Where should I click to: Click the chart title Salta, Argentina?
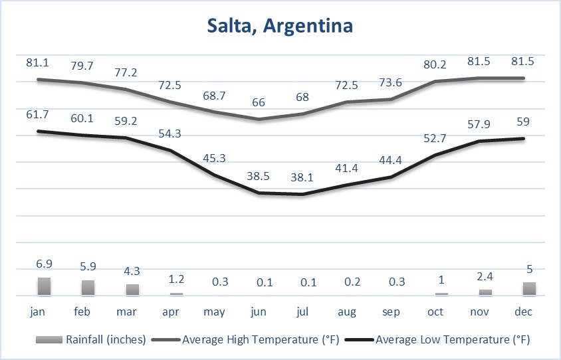click(280, 27)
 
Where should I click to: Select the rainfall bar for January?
click(44, 286)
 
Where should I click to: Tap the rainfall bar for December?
click(528, 289)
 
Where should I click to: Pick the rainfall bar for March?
click(132, 290)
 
